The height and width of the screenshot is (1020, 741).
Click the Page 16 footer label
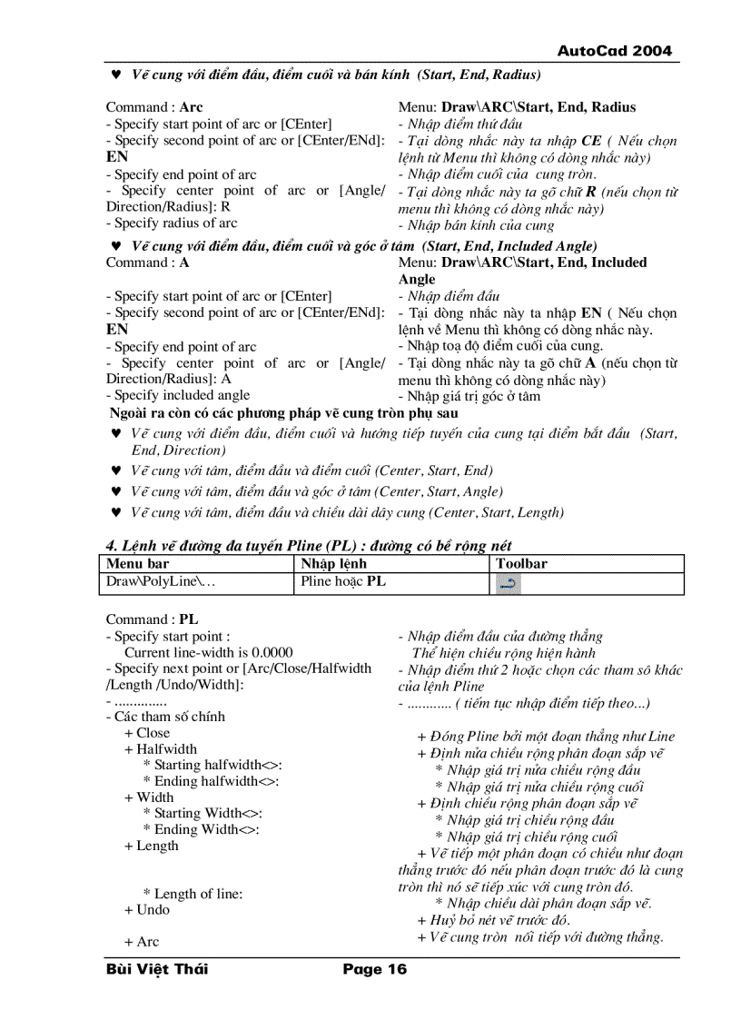click(x=374, y=969)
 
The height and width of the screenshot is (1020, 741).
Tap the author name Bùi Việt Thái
click(x=156, y=969)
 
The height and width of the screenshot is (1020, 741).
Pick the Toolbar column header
click(x=521, y=564)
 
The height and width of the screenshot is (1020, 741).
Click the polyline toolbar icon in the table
click(x=509, y=584)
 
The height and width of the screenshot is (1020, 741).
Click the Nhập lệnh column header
click(x=333, y=564)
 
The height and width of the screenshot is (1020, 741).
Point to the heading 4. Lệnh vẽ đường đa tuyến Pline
click(x=309, y=545)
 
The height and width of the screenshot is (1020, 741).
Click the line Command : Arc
click(x=154, y=107)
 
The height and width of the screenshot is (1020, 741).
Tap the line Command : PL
click(x=152, y=619)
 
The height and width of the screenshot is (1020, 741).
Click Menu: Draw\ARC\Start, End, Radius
click(x=517, y=107)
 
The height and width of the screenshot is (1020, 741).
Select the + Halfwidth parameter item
click(x=161, y=749)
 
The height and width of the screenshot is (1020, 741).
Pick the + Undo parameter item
click(x=147, y=909)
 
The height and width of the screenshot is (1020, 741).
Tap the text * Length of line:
click(x=193, y=894)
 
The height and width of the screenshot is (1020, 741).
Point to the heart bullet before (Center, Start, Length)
click(x=115, y=513)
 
